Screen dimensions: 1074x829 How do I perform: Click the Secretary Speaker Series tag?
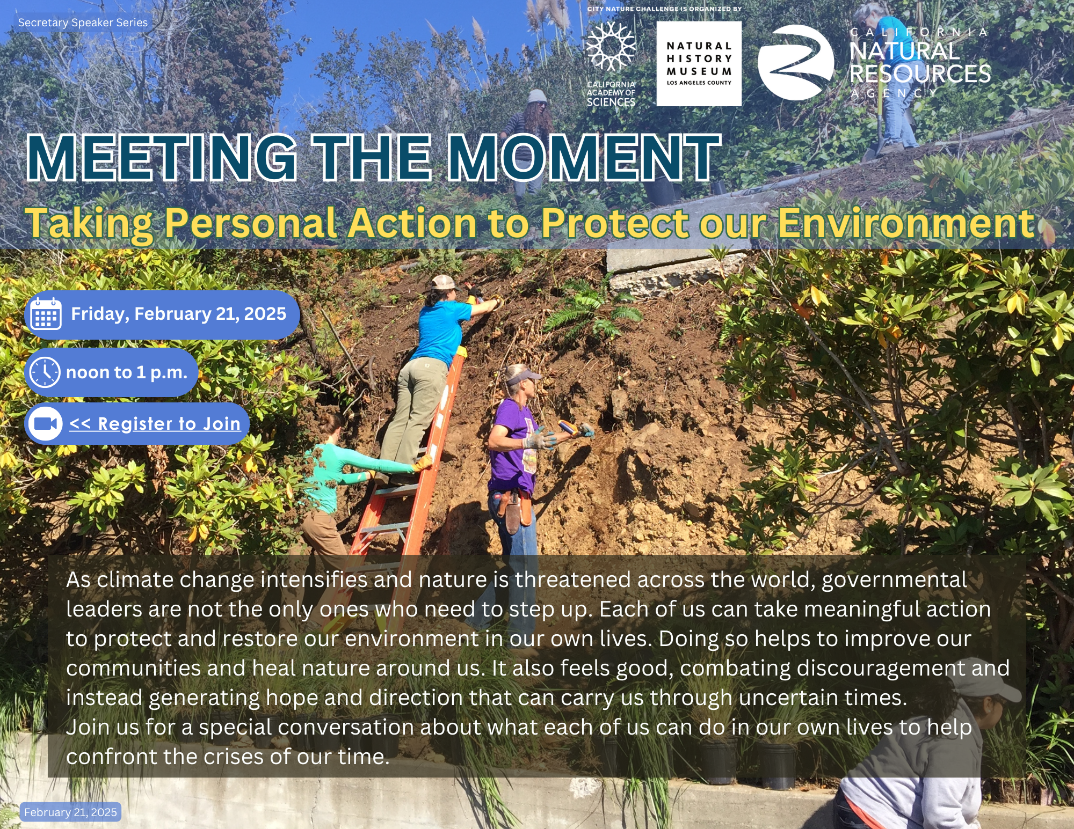click(x=83, y=23)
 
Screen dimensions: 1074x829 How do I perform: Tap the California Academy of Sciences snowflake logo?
click(x=611, y=47)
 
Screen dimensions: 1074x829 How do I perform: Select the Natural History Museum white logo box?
click(x=699, y=64)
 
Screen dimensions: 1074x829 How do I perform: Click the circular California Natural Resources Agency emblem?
click(x=796, y=62)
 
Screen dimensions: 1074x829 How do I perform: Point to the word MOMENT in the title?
click(x=585, y=157)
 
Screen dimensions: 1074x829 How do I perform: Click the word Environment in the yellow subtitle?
click(x=905, y=223)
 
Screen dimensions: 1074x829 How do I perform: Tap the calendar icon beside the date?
click(x=46, y=314)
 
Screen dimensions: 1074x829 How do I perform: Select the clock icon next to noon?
click(x=45, y=372)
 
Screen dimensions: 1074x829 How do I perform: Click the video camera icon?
click(x=46, y=424)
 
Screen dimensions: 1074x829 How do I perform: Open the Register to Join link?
click(x=155, y=424)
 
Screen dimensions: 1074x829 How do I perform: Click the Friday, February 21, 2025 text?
click(x=179, y=314)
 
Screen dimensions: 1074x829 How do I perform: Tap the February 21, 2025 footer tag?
click(x=70, y=812)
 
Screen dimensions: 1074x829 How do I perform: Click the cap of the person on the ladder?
click(x=444, y=282)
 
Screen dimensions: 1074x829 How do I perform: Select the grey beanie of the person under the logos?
click(x=536, y=97)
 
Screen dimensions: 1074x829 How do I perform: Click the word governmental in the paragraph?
click(x=895, y=580)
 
